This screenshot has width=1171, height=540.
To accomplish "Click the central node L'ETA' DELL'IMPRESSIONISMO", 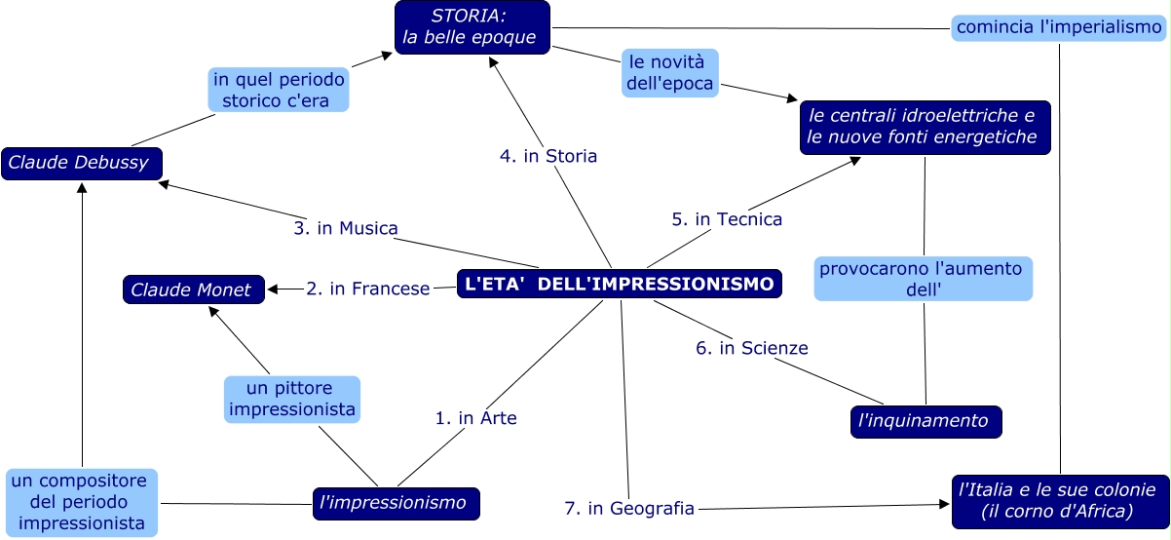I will [x=620, y=284].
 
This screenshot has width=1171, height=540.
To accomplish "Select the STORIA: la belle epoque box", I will [x=472, y=27].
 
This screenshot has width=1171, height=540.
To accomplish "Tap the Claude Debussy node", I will [x=80, y=163].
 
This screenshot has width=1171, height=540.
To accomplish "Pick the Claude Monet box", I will [x=192, y=289].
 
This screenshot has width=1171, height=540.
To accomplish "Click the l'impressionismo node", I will [x=396, y=503].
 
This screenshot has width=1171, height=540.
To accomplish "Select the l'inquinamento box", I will [x=925, y=421].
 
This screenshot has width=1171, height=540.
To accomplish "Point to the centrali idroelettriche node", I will [x=924, y=127].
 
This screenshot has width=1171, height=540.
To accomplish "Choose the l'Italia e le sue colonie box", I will [x=1057, y=499].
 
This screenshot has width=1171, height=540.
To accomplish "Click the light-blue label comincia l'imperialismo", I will [x=1058, y=27].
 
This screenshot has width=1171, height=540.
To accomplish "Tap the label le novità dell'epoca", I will [x=670, y=73].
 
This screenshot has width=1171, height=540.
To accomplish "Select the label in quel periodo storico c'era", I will [x=279, y=89].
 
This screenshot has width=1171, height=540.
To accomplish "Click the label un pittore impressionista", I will [x=292, y=400].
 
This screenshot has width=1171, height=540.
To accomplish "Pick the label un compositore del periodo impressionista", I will [x=82, y=502].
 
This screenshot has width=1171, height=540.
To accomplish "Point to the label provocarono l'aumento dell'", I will [x=922, y=279].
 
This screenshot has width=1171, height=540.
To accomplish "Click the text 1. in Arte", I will [x=475, y=418].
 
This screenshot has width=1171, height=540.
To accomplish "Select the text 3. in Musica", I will [x=346, y=228].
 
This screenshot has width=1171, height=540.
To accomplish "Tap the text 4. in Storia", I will [x=548, y=155].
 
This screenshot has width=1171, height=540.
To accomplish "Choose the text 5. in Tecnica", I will [x=727, y=219].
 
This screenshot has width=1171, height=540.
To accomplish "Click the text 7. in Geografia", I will [x=629, y=508].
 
